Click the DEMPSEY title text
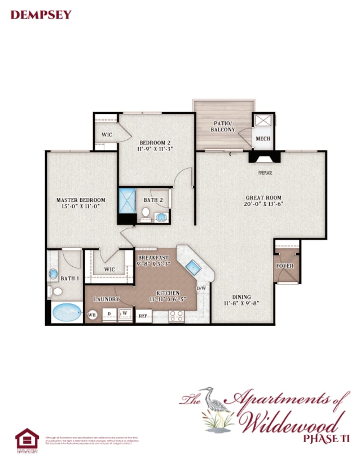pyautogui.click(x=41, y=15)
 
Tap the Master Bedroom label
pyautogui.click(x=81, y=200)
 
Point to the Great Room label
pyautogui.click(x=264, y=198)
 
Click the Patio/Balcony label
pyautogui.click(x=223, y=126)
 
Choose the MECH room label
pyautogui.click(x=263, y=138)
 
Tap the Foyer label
pyautogui.click(x=285, y=265)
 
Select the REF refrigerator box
pyautogui.click(x=143, y=316)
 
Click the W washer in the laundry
pyautogui.click(x=125, y=313)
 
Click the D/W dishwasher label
pyautogui.click(x=201, y=288)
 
